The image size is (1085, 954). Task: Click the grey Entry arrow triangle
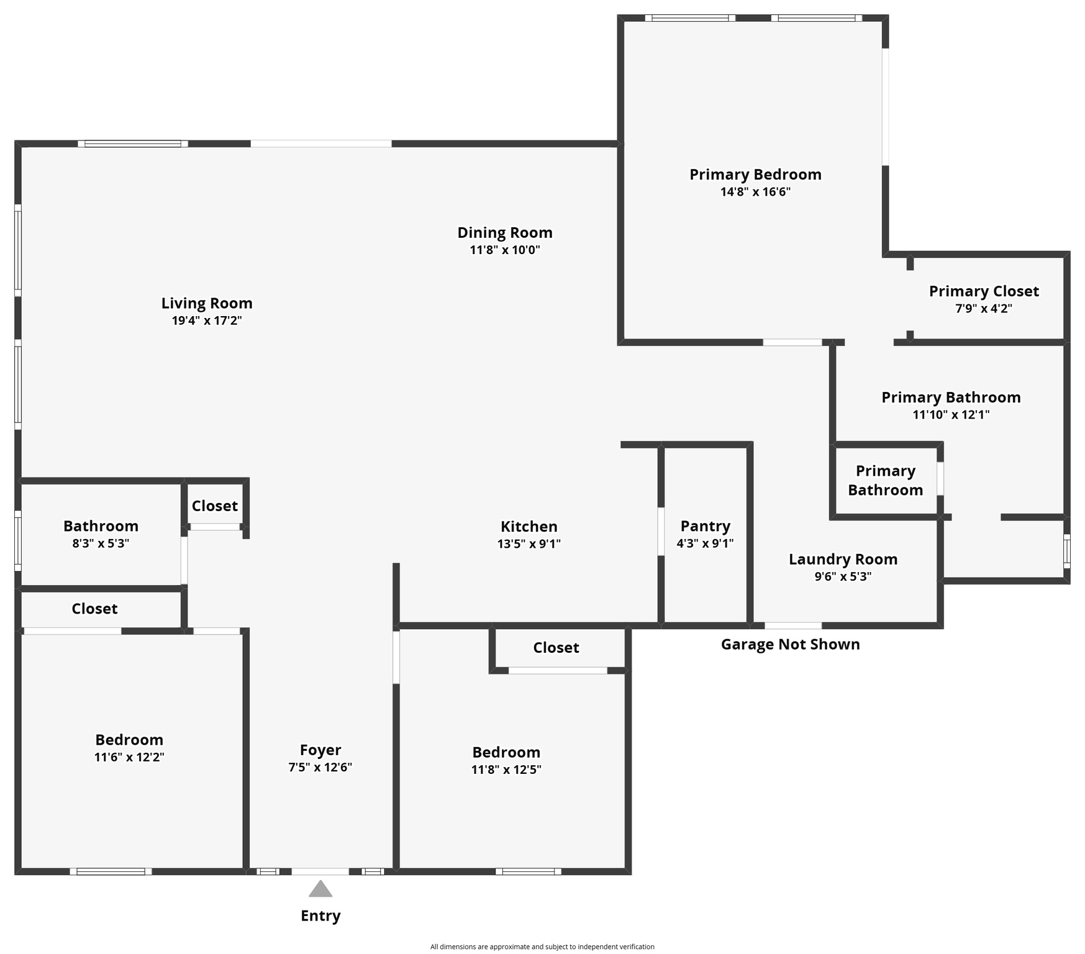pyautogui.click(x=320, y=889)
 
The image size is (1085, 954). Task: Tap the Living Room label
pyautogui.click(x=207, y=303)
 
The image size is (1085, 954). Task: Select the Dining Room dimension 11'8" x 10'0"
pyautogui.click(x=505, y=250)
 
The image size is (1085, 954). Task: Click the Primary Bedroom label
pyautogui.click(x=755, y=175)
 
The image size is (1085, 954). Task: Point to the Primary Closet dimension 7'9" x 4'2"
pyautogui.click(x=984, y=308)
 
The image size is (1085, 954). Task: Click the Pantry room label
pyautogui.click(x=705, y=526)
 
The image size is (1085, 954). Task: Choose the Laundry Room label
pyautogui.click(x=843, y=559)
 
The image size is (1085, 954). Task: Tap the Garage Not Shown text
pyautogui.click(x=790, y=644)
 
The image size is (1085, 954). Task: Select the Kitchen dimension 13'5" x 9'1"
pyautogui.click(x=529, y=543)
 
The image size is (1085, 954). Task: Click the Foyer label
pyautogui.click(x=320, y=750)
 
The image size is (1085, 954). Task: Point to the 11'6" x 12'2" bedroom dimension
pyautogui.click(x=129, y=757)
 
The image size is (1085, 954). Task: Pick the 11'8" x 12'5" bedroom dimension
pyautogui.click(x=506, y=770)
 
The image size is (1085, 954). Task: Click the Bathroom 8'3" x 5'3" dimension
pyautogui.click(x=101, y=543)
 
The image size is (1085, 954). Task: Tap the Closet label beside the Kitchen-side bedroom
pyautogui.click(x=556, y=648)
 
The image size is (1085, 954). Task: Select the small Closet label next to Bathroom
pyautogui.click(x=214, y=506)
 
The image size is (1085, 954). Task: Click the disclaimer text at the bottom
pyautogui.click(x=542, y=947)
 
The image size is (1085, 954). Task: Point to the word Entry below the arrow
pyautogui.click(x=320, y=915)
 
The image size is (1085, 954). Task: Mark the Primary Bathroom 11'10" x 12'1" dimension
pyautogui.click(x=951, y=414)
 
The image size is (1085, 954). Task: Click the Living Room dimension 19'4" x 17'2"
pyautogui.click(x=207, y=320)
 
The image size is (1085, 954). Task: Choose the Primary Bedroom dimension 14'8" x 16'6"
pyautogui.click(x=755, y=192)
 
